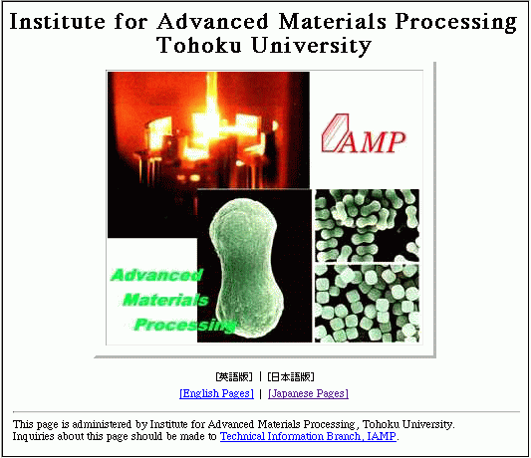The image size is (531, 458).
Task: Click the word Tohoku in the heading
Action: [x=199, y=45]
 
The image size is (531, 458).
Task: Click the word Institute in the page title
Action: [x=57, y=21]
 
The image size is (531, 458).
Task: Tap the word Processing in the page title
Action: [x=456, y=22]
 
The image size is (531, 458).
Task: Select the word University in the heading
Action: [x=312, y=46]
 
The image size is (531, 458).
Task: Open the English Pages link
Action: [x=216, y=393]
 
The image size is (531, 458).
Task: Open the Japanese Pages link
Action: [x=308, y=393]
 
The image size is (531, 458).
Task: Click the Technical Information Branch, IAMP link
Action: [x=308, y=436]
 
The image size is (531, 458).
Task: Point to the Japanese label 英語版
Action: [x=234, y=376]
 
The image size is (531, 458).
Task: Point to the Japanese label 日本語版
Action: [x=291, y=376]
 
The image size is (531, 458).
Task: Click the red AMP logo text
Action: [x=374, y=142]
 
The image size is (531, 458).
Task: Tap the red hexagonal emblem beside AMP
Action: [x=335, y=132]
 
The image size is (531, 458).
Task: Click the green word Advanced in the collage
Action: [x=157, y=275]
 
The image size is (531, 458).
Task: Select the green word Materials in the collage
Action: [x=165, y=300]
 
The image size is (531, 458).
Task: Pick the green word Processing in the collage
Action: [x=184, y=325]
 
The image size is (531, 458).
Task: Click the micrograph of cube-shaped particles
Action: [x=367, y=304]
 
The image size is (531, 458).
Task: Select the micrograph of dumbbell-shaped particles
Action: [x=367, y=225]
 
